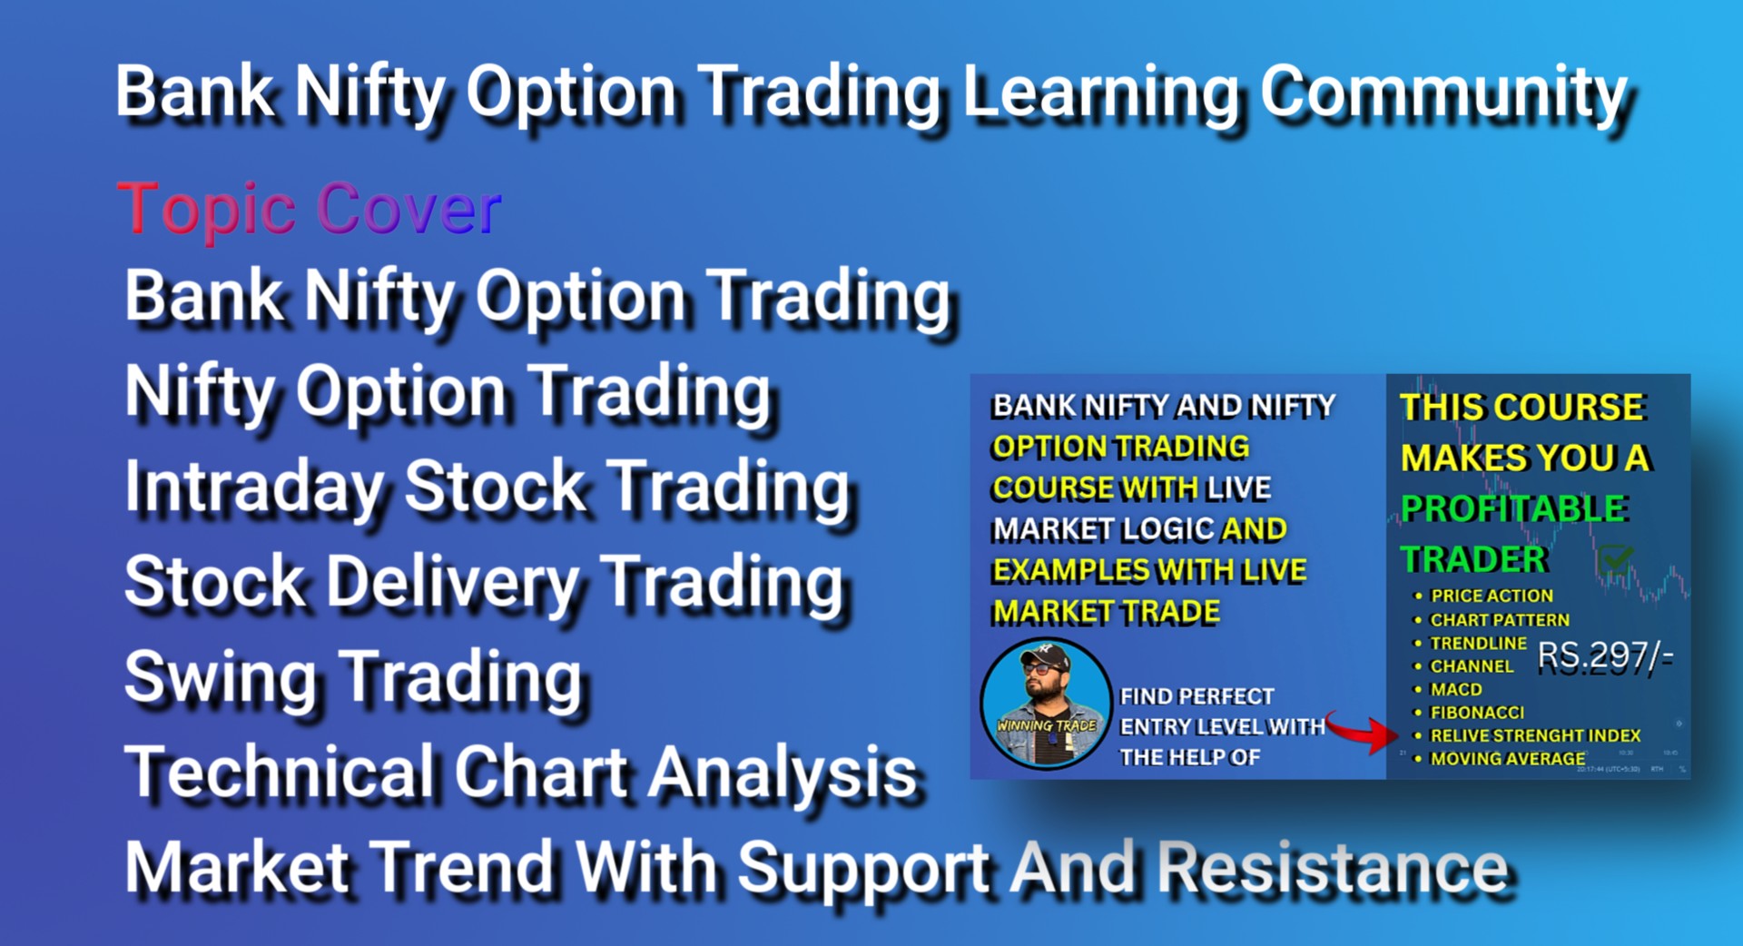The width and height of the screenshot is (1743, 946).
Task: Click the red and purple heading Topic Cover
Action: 310,208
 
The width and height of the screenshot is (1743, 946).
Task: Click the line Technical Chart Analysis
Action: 521,773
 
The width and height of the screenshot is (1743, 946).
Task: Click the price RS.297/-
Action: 1605,655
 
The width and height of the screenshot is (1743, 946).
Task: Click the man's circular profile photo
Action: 1046,704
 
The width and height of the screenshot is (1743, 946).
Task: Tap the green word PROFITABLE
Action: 1513,508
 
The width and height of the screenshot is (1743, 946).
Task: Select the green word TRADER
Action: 1473,559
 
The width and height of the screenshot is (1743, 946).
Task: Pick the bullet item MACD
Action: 1456,689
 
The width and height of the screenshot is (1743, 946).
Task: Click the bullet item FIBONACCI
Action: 1477,713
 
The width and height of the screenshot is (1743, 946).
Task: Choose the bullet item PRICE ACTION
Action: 1492,596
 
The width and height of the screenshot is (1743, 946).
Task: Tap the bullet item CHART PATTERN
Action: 1500,619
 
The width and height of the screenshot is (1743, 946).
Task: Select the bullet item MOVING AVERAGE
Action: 1508,758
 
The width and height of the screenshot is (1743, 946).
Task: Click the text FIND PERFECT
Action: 1196,696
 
